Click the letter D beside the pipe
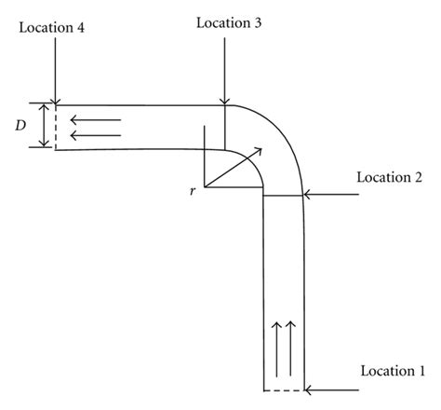click(20, 125)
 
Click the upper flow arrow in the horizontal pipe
click(96, 119)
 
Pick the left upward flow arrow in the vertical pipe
click(276, 344)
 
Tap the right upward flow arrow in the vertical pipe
click(291, 344)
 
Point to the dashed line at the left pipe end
click(56, 127)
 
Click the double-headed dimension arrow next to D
click(42, 125)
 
